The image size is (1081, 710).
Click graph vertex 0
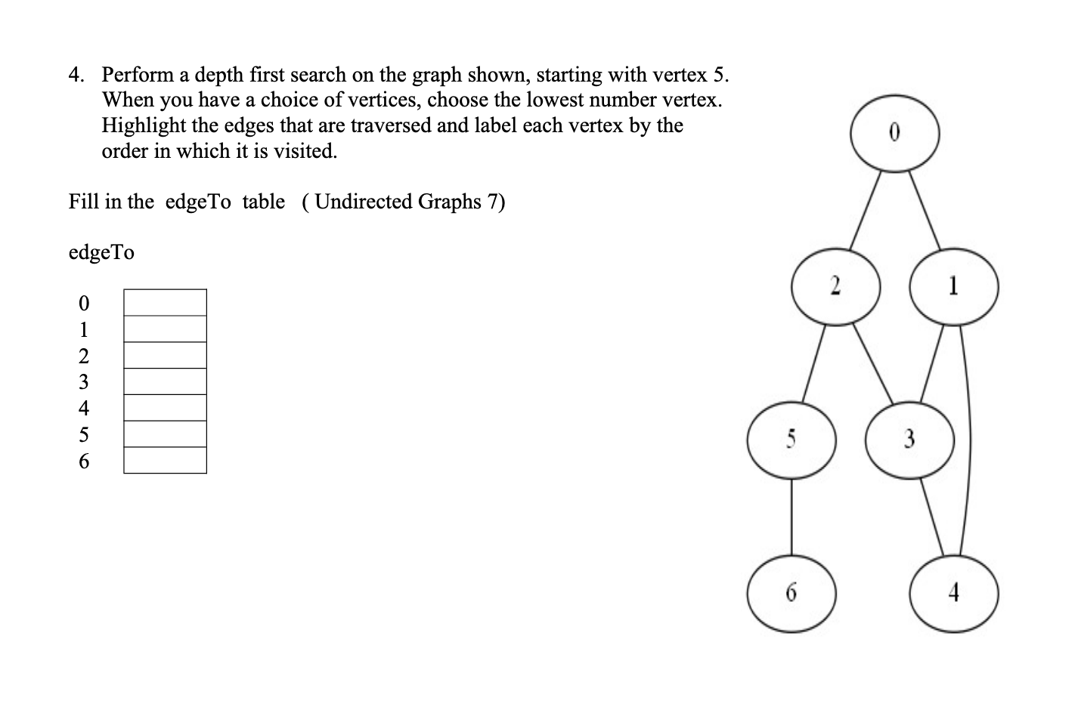pos(895,132)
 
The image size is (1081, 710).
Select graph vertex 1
pos(954,287)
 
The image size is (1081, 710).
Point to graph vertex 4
pos(954,594)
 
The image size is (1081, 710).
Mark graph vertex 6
pos(791,594)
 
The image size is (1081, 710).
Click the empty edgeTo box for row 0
pos(165,303)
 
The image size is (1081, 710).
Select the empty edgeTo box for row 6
pos(165,460)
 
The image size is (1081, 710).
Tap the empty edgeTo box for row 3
pos(165,381)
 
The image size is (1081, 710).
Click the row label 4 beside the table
pos(84,409)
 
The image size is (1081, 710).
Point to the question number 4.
pos(76,75)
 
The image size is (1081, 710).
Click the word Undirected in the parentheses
pos(363,202)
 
